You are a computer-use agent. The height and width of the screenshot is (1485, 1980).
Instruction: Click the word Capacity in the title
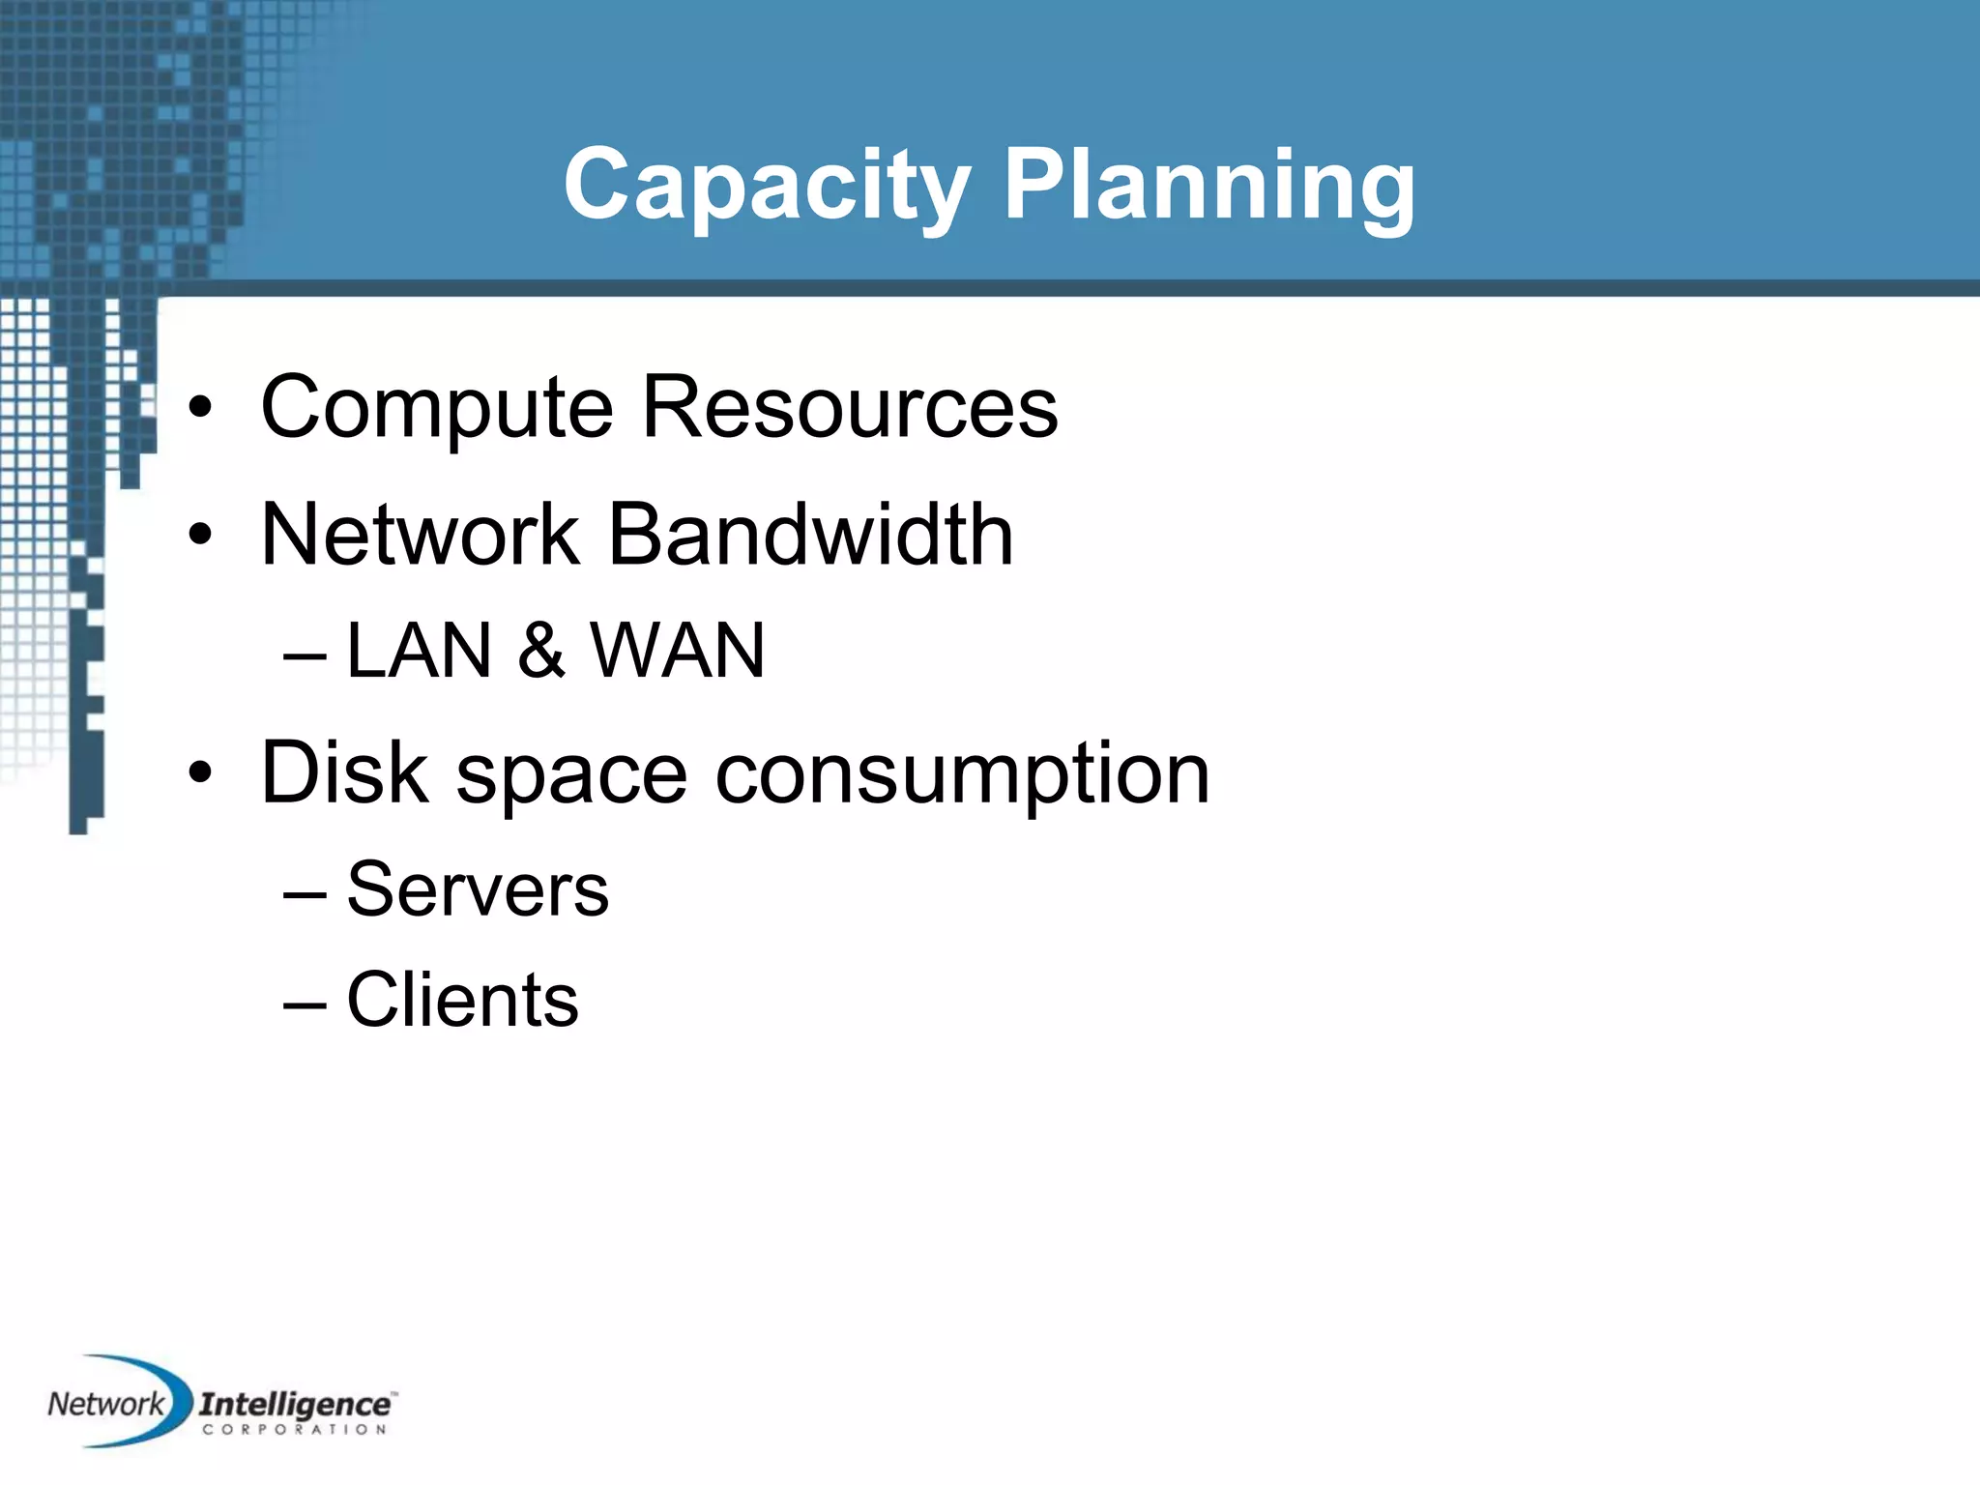click(767, 185)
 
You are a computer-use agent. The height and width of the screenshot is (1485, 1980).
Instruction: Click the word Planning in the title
click(1208, 185)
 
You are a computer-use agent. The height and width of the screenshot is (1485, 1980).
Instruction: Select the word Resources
click(850, 408)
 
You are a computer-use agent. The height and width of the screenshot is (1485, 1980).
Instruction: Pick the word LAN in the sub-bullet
click(419, 651)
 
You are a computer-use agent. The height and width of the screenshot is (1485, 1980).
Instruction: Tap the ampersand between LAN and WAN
click(541, 651)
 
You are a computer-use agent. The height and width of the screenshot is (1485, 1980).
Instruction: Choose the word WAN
click(678, 651)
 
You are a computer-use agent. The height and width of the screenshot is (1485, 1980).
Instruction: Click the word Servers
click(478, 889)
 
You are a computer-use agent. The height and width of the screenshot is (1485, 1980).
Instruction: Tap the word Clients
click(462, 1000)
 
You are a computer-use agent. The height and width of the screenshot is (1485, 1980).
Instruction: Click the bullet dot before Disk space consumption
click(200, 774)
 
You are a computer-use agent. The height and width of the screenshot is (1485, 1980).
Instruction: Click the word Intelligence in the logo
click(295, 1404)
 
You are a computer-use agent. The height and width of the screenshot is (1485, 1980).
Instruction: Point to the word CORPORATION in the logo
click(295, 1429)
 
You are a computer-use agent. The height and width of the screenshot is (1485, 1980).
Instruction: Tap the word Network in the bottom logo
click(105, 1404)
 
